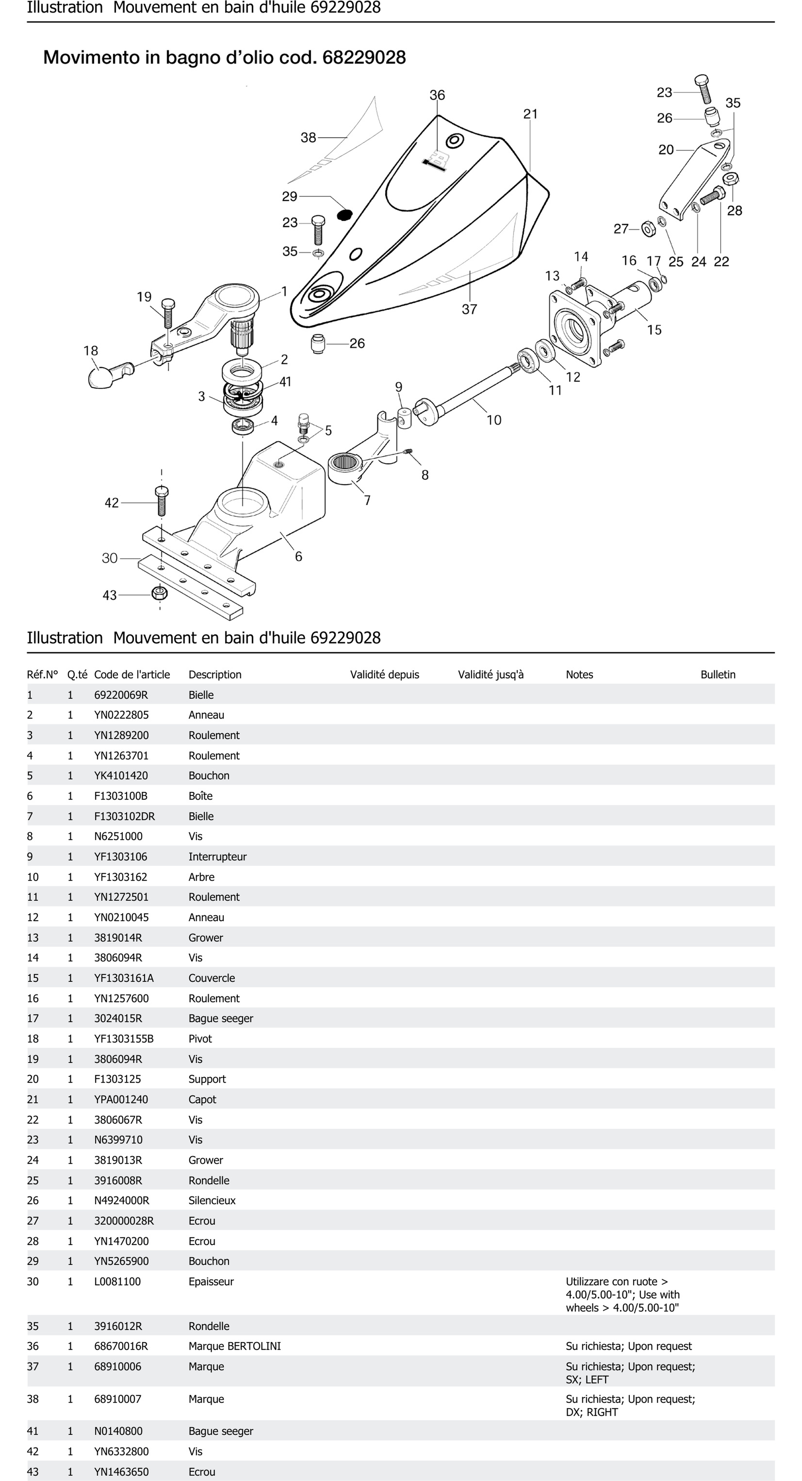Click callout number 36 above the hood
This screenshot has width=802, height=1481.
(437, 95)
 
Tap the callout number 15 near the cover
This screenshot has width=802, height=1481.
(654, 330)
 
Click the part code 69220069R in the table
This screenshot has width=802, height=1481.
(121, 695)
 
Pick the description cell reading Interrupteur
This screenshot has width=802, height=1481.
(217, 857)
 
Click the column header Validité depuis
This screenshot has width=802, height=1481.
(384, 674)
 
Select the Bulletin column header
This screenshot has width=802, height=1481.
(718, 674)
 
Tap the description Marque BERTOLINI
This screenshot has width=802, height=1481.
(234, 1346)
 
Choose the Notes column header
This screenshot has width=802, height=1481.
(579, 674)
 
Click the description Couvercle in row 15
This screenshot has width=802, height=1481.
(211, 978)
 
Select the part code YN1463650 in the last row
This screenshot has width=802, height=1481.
(121, 1472)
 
